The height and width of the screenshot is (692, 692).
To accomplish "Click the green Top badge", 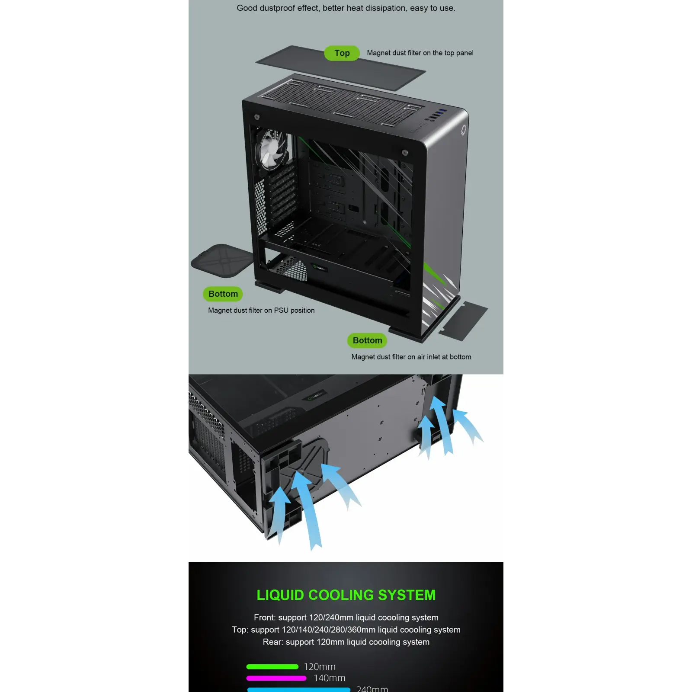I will [342, 53].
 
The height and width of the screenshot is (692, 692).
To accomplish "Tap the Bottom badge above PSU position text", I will [223, 294].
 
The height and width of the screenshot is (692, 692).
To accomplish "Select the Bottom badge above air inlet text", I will [367, 340].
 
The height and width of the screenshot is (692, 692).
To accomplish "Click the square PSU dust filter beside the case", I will [222, 260].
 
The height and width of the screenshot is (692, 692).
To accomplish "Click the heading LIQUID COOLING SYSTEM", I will [346, 595].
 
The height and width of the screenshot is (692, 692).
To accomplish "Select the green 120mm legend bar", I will [272, 666].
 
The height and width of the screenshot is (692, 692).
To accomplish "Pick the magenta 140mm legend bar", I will [276, 678].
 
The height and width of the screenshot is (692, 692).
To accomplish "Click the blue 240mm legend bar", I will [298, 689].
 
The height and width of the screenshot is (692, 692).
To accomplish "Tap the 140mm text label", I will [330, 678].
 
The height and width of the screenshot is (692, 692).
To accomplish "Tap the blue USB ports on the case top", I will [441, 113].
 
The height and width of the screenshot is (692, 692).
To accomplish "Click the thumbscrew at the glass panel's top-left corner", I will [257, 117].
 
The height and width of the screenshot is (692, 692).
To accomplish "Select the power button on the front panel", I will [463, 129].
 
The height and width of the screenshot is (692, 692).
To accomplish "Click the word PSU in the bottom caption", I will [281, 310].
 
